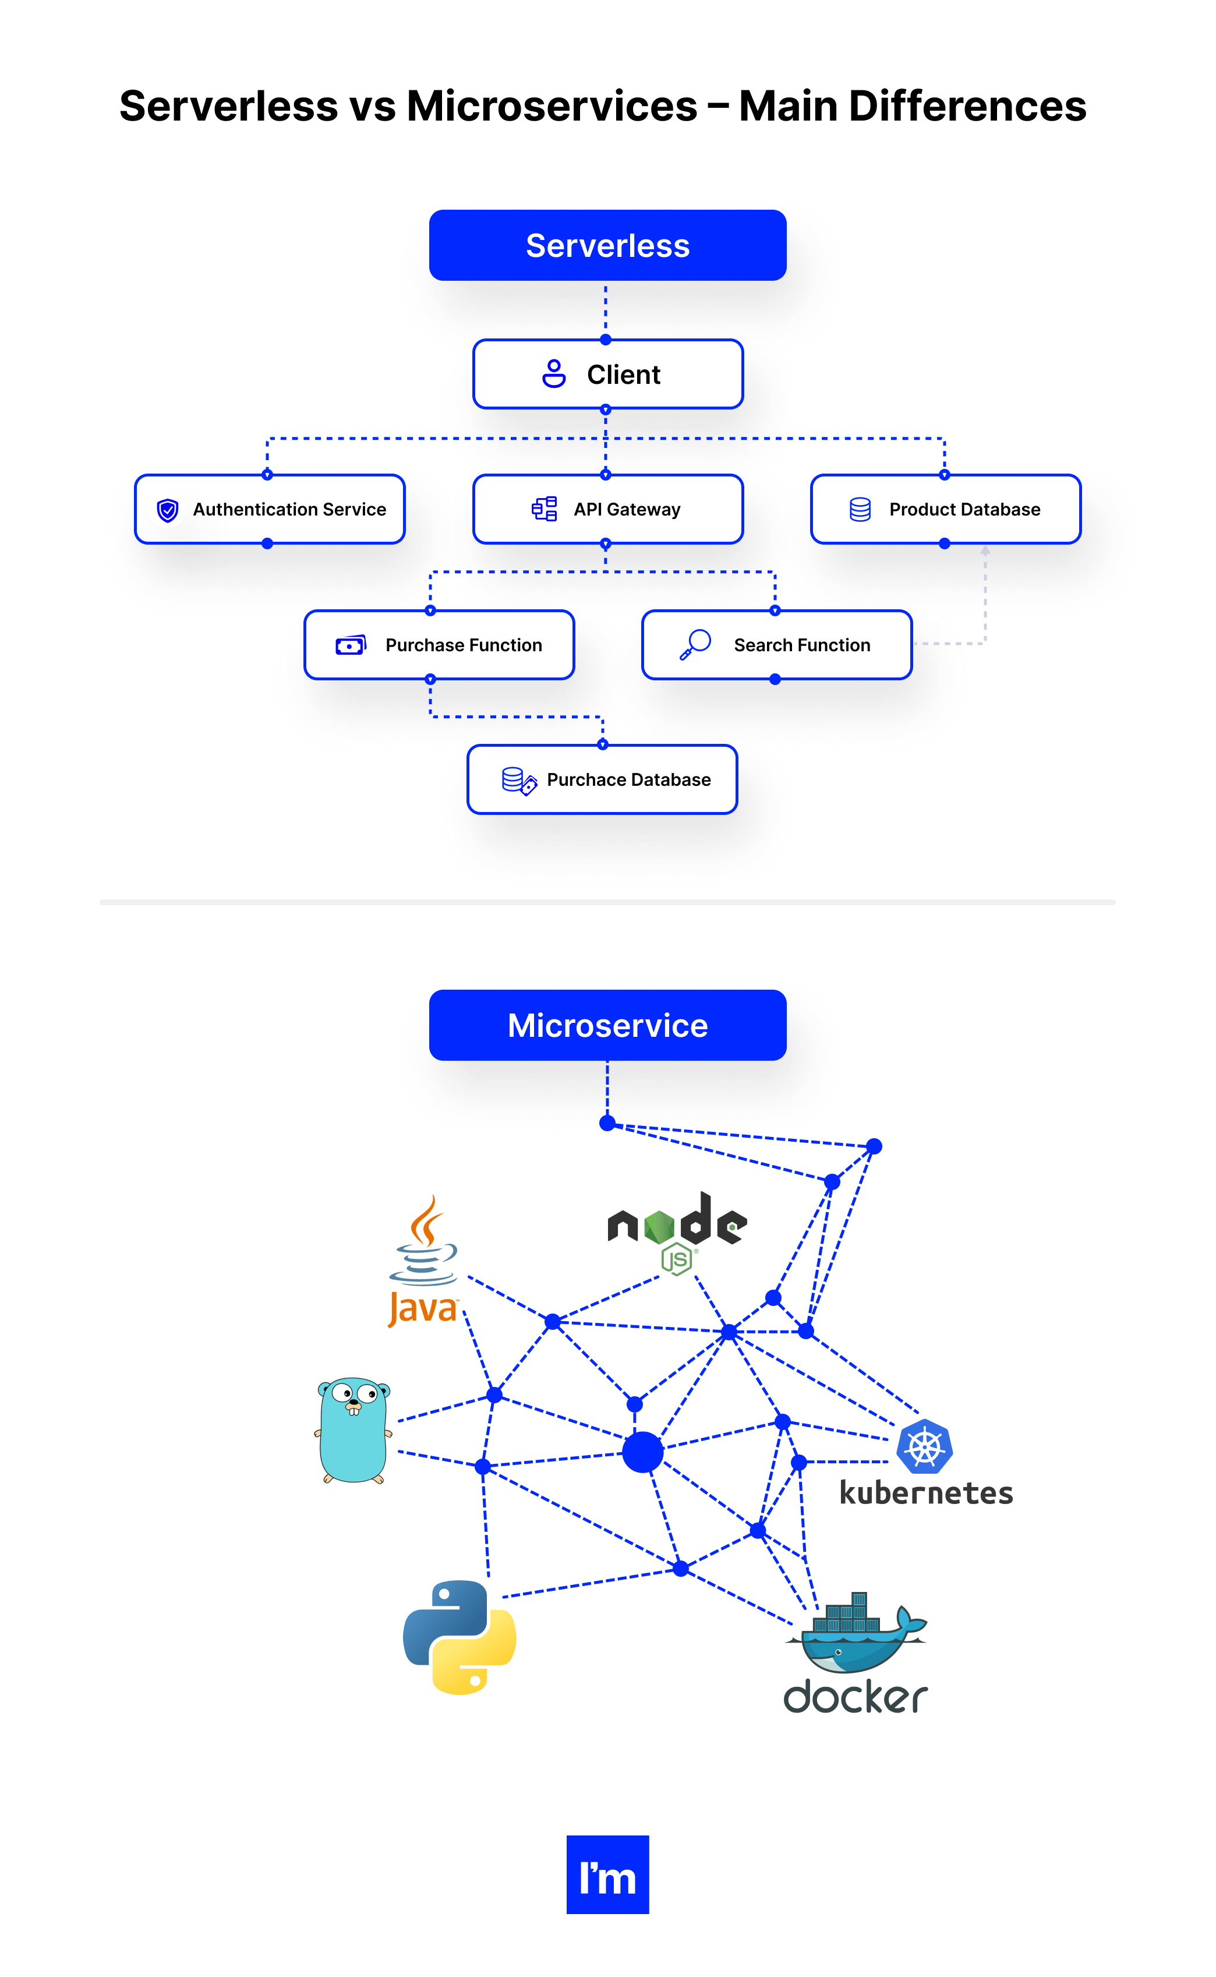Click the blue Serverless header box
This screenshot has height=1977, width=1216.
pyautogui.click(x=607, y=245)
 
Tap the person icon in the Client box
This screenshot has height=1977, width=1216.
pyautogui.click(x=553, y=374)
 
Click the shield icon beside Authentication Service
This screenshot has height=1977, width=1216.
pyautogui.click(x=167, y=510)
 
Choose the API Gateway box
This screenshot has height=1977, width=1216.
pyautogui.click(x=607, y=509)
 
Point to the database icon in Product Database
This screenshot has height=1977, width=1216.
pyautogui.click(x=860, y=509)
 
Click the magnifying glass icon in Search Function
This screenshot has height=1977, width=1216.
pyautogui.click(x=696, y=644)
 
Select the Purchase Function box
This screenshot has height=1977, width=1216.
pyautogui.click(x=439, y=645)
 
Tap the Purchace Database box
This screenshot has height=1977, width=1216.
pyautogui.click(x=602, y=779)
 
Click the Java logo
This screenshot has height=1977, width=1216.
pyautogui.click(x=423, y=1261)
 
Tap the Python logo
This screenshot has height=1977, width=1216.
pyautogui.click(x=459, y=1637)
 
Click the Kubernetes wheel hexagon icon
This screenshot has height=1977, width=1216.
pyautogui.click(x=924, y=1445)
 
